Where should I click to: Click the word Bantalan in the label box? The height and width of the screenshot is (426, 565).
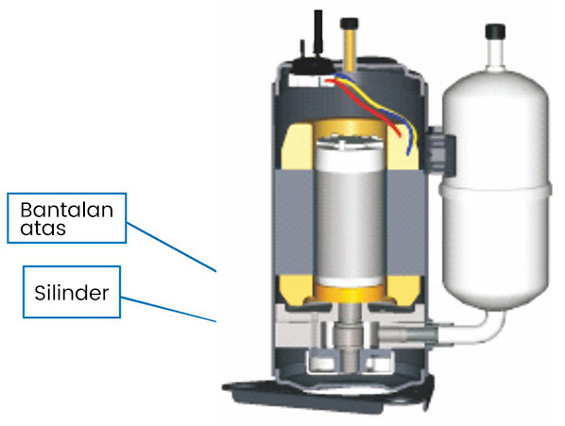pos(67,210)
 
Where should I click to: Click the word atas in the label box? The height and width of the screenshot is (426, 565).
pos(43,229)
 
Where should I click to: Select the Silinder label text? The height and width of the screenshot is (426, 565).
pos(72,293)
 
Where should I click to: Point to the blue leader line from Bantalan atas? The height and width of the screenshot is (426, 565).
pos(171,247)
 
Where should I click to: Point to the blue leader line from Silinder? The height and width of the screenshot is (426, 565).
pos(168,309)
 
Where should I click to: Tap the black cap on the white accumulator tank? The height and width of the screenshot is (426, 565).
pos(495,31)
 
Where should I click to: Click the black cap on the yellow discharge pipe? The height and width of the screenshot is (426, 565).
pos(350,24)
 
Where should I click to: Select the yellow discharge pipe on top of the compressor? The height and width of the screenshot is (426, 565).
pos(350,50)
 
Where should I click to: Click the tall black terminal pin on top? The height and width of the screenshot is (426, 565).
pos(318,32)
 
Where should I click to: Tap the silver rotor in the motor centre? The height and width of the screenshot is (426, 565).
pos(350,213)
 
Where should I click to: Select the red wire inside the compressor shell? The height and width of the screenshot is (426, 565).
pos(364,108)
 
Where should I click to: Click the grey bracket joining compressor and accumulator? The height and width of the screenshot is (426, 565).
pos(440,150)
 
